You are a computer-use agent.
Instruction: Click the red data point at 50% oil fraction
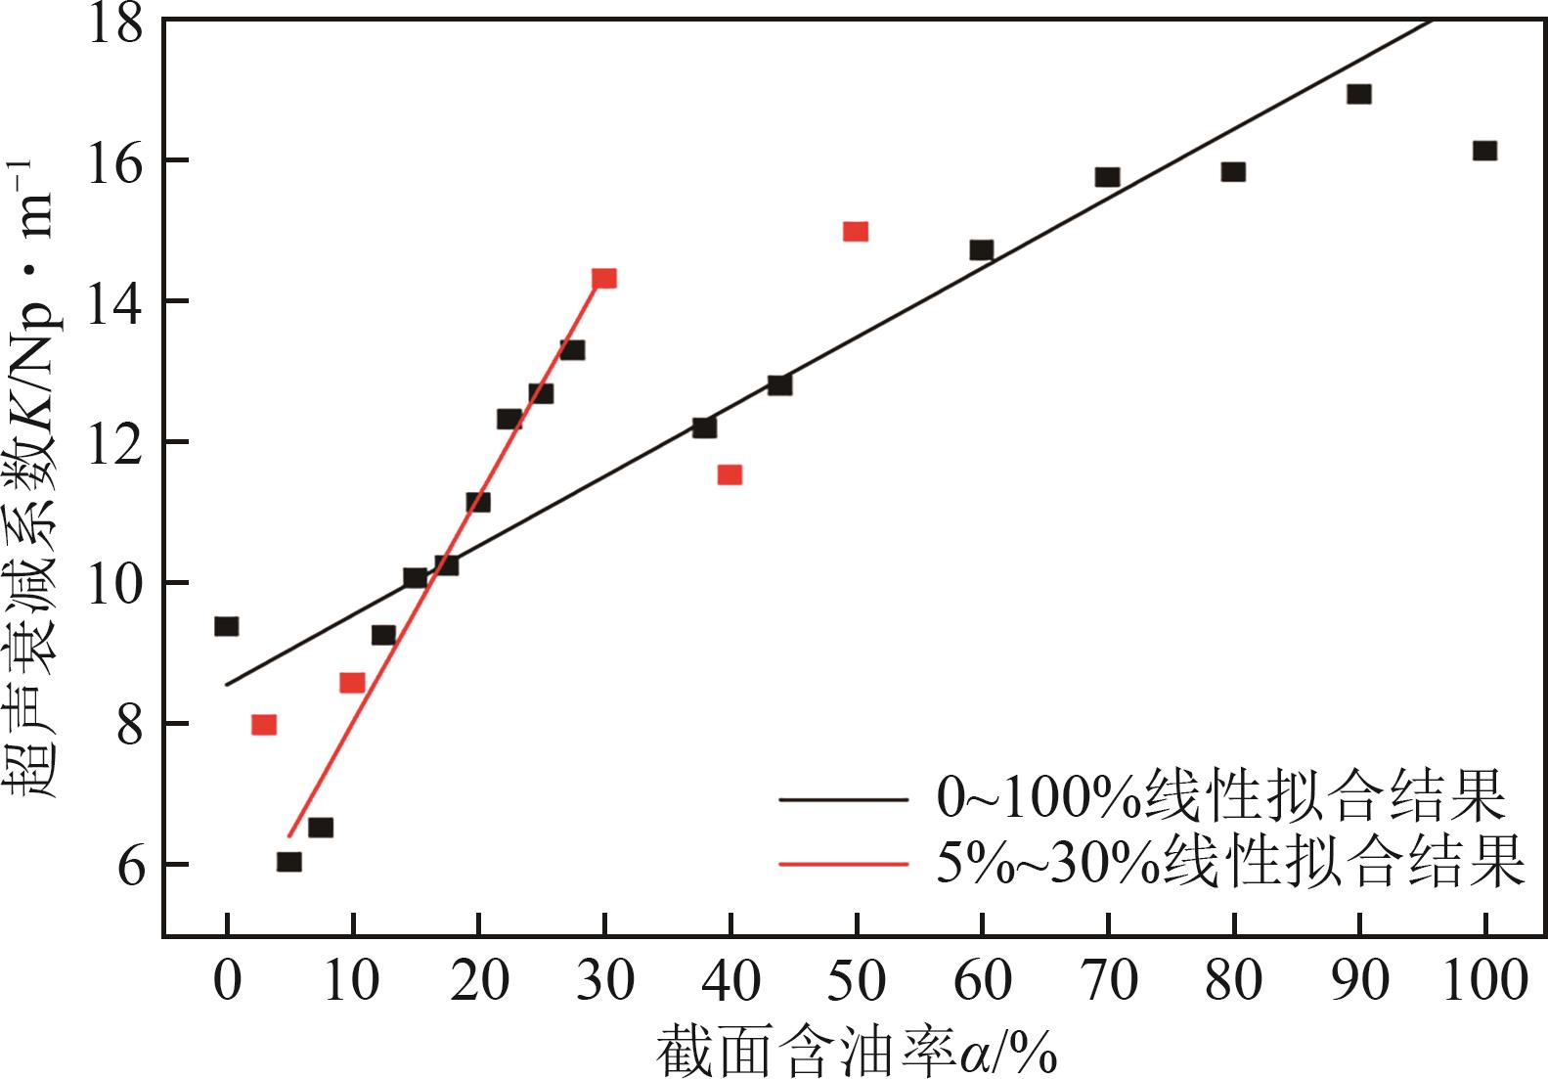coord(856,232)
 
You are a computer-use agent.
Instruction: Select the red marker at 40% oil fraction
coord(730,475)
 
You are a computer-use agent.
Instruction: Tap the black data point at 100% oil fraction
coord(1484,151)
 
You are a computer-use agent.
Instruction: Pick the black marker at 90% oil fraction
coord(1358,94)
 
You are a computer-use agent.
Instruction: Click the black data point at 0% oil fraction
coord(226,626)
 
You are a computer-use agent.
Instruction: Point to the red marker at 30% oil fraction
coord(604,279)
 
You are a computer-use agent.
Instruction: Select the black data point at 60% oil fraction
coord(981,250)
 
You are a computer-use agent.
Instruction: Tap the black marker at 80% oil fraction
coord(1232,172)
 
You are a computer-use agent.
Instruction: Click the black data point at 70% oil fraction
coord(1107,177)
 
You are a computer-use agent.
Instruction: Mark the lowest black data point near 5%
coord(288,862)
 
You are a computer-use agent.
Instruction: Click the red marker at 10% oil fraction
coord(352,683)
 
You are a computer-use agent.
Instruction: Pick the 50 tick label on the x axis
coord(856,980)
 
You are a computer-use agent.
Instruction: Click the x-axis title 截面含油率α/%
coord(856,1053)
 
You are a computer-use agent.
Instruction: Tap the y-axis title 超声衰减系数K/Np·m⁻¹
coord(39,479)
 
